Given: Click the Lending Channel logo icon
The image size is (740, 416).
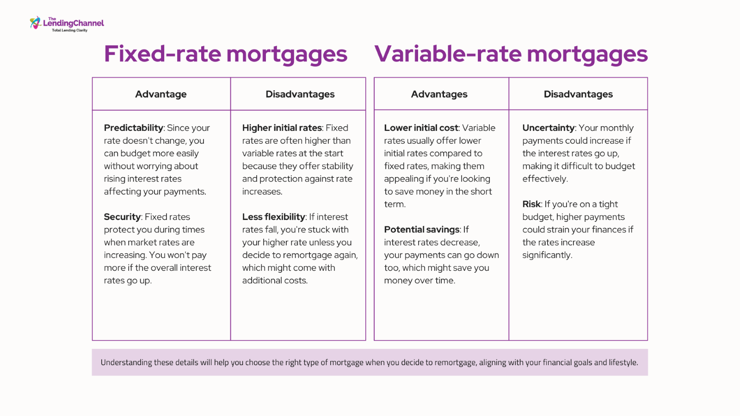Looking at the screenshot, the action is click(35, 23).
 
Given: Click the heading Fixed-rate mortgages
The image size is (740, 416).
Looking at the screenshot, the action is click(226, 54).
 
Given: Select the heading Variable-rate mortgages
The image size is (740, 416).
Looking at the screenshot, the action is click(511, 54).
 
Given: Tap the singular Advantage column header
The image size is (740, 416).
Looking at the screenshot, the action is click(161, 94).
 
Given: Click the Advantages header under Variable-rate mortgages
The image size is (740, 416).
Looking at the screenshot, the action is click(439, 94).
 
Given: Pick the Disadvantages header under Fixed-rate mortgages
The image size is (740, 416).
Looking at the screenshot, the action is click(300, 94).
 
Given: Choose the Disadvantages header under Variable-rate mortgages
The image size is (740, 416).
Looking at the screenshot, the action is click(578, 94).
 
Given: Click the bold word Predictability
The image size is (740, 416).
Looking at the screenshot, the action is click(134, 128).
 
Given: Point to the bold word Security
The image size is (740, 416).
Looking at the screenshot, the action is click(122, 217).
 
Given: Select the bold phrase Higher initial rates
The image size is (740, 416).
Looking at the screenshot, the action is click(282, 128).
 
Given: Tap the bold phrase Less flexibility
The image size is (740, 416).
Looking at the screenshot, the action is click(273, 217).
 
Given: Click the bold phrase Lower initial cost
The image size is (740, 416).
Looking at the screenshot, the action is click(421, 128).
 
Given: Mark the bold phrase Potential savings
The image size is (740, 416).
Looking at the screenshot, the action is click(421, 229).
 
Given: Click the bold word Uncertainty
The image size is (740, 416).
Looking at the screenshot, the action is click(549, 128).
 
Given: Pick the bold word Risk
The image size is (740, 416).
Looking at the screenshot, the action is click(531, 204).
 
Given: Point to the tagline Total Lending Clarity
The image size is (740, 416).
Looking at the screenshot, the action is click(70, 31).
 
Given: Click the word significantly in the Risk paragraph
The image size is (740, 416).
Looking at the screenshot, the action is click(547, 255).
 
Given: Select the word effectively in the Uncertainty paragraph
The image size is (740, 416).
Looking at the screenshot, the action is click(545, 179).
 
